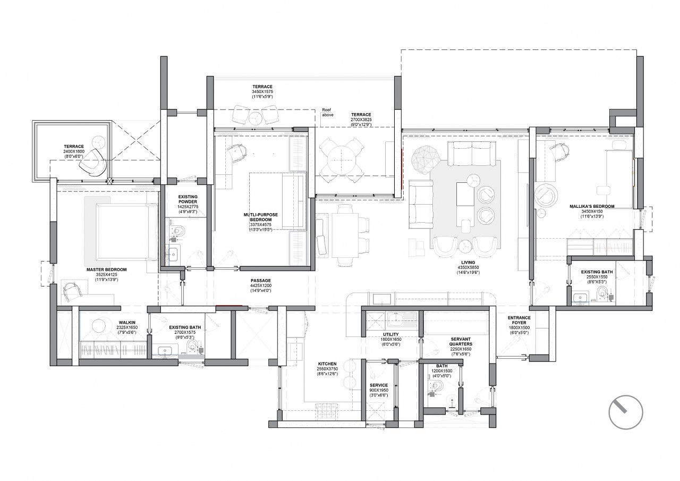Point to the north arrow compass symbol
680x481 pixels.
point(626,412)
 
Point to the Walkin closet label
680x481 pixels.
point(127,322)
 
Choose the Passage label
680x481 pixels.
point(260,280)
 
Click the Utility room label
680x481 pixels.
point(390,335)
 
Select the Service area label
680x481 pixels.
point(378,385)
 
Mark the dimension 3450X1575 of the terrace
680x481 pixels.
point(262,92)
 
